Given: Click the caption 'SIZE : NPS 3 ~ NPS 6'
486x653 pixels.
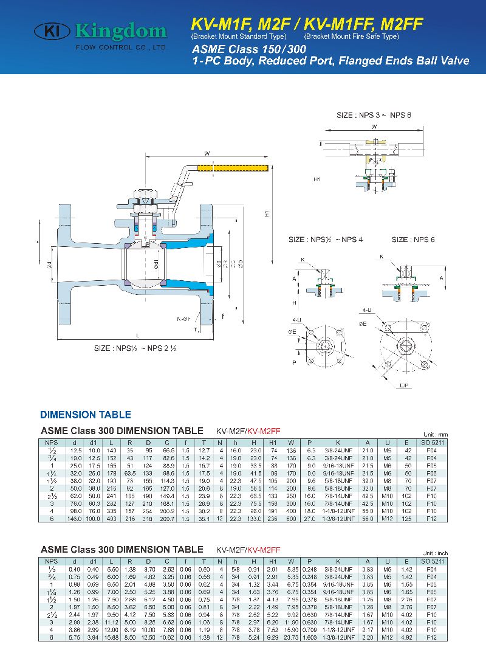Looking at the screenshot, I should pyautogui.click(x=374, y=115).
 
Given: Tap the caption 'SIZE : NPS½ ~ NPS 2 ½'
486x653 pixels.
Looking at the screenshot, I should pyautogui.click(x=135, y=348).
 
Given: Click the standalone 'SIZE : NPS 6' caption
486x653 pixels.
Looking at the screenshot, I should pyautogui.click(x=413, y=240).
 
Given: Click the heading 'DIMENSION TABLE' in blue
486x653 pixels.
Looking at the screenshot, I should pyautogui.click(x=86, y=415).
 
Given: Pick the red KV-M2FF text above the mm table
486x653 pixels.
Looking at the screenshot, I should pyautogui.click(x=263, y=430).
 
